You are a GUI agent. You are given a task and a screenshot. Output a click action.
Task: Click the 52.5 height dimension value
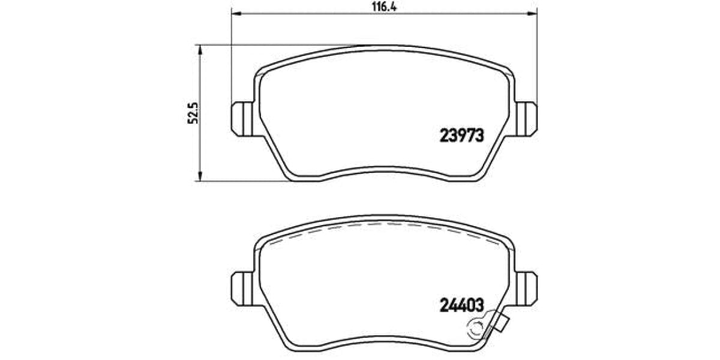(193, 112)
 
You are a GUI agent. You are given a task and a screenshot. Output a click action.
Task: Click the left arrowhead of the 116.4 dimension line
(236, 13)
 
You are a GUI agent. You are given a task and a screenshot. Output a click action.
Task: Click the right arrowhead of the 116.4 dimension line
(533, 13)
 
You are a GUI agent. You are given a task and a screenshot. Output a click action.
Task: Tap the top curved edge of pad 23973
(384, 46)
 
